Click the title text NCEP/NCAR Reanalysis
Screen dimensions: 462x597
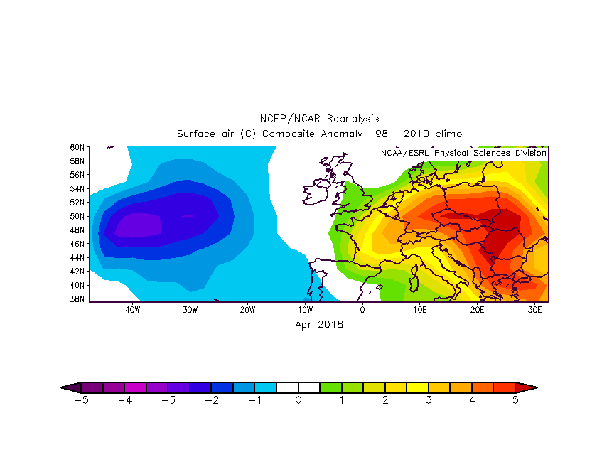tap(318, 119)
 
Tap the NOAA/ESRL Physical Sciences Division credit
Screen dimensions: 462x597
tap(463, 153)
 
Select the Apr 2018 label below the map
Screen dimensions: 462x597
tap(319, 324)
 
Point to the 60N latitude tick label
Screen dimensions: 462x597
tap(77, 147)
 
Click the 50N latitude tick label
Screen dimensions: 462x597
tap(77, 216)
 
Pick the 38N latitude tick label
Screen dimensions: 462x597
tap(77, 299)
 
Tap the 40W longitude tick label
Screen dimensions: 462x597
tap(131, 310)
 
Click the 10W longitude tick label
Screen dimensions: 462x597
tap(305, 310)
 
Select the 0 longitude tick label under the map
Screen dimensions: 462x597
tap(362, 310)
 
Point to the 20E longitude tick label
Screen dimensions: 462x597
tap(478, 310)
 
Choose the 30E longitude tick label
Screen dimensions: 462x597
tap(535, 310)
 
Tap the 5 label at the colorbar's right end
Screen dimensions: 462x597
tap(515, 400)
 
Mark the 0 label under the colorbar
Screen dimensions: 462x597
tap(298, 400)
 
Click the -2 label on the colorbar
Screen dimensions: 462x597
tap(212, 400)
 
